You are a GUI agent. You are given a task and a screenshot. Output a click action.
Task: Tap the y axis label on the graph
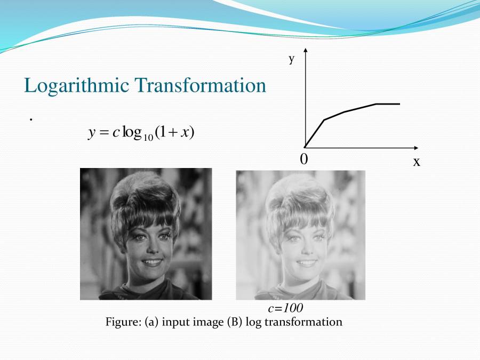point(292,59)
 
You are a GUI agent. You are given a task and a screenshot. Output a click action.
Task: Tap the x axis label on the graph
point(417,162)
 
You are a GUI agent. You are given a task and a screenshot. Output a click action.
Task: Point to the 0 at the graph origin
point(303,159)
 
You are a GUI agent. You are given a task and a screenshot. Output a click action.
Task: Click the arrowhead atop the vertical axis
point(306,50)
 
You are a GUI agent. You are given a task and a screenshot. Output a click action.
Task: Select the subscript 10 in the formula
point(148,138)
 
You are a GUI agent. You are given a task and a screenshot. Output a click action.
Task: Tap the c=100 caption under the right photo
point(285,308)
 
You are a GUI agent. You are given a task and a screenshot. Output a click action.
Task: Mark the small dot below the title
point(31,119)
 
